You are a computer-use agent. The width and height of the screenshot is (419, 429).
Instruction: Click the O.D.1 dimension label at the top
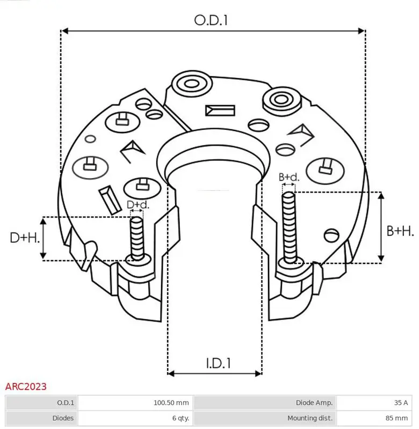point(211,20)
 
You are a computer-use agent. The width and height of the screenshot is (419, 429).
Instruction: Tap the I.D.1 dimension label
point(218,363)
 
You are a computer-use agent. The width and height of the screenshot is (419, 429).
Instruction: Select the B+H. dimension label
point(400,231)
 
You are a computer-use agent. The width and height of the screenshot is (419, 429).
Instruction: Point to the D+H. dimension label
point(25,238)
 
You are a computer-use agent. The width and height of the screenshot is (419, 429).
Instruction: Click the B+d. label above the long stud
point(289,177)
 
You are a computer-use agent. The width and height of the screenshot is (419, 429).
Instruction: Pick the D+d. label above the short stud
point(138,205)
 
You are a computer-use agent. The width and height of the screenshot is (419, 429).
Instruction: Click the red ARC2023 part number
point(26,387)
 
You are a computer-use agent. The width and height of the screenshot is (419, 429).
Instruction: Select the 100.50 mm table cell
point(171,403)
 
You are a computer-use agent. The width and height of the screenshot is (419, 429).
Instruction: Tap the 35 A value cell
point(401,403)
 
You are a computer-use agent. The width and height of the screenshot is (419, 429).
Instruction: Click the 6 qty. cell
point(180,418)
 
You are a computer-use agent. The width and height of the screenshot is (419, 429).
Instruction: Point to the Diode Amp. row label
point(314,403)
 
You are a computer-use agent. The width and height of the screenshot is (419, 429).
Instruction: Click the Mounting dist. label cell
point(309,418)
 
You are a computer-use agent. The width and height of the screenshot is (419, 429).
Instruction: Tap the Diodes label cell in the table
point(63,418)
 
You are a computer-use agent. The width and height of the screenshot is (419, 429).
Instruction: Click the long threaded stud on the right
point(290,227)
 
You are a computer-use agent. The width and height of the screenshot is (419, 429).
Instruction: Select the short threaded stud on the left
point(137,238)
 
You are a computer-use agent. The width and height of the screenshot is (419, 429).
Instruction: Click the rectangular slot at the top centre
point(220,110)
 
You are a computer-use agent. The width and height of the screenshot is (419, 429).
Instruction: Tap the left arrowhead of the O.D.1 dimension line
point(64,31)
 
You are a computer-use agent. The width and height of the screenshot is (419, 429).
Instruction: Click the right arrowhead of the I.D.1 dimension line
point(258,373)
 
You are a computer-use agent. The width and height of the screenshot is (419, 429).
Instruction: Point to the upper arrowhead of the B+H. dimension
point(381,195)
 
